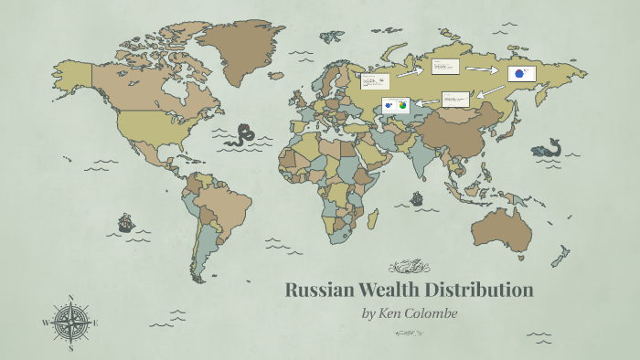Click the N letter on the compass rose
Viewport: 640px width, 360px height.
pos(70,297)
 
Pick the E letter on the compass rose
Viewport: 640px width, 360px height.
pos(96,323)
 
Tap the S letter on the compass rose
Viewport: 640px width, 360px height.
pos(70,348)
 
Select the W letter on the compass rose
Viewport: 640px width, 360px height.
pos(45,323)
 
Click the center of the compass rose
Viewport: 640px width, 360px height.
pos(70,323)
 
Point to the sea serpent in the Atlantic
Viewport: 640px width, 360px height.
pos(242,135)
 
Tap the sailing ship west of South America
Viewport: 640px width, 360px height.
pos(125,222)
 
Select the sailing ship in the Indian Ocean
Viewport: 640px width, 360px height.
pos(417,197)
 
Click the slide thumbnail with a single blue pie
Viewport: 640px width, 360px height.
pos(521,74)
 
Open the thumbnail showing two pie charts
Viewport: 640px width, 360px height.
pos(397,106)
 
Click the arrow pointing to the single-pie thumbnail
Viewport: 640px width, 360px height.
pos(482,68)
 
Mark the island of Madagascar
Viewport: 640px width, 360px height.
pos(373,219)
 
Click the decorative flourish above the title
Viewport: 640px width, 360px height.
pos(408,267)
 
